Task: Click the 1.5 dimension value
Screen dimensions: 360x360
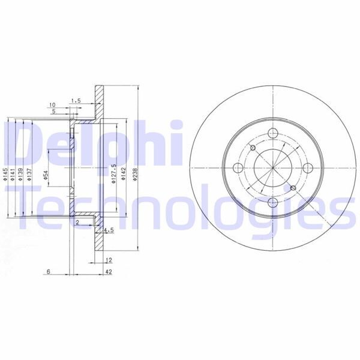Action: pos(76,101)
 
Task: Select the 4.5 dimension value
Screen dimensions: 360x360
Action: pos(109,230)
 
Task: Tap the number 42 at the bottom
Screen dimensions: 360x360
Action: pos(109,272)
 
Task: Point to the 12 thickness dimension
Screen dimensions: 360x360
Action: pos(109,260)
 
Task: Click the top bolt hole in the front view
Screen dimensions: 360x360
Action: pos(272,134)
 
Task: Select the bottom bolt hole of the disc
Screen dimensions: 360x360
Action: pos(272,202)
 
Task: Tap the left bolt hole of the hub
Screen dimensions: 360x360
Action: pos(238,168)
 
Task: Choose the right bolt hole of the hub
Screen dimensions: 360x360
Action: pos(307,168)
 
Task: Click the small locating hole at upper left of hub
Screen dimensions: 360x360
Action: pos(253,149)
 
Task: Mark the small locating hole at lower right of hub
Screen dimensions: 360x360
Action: pos(292,188)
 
